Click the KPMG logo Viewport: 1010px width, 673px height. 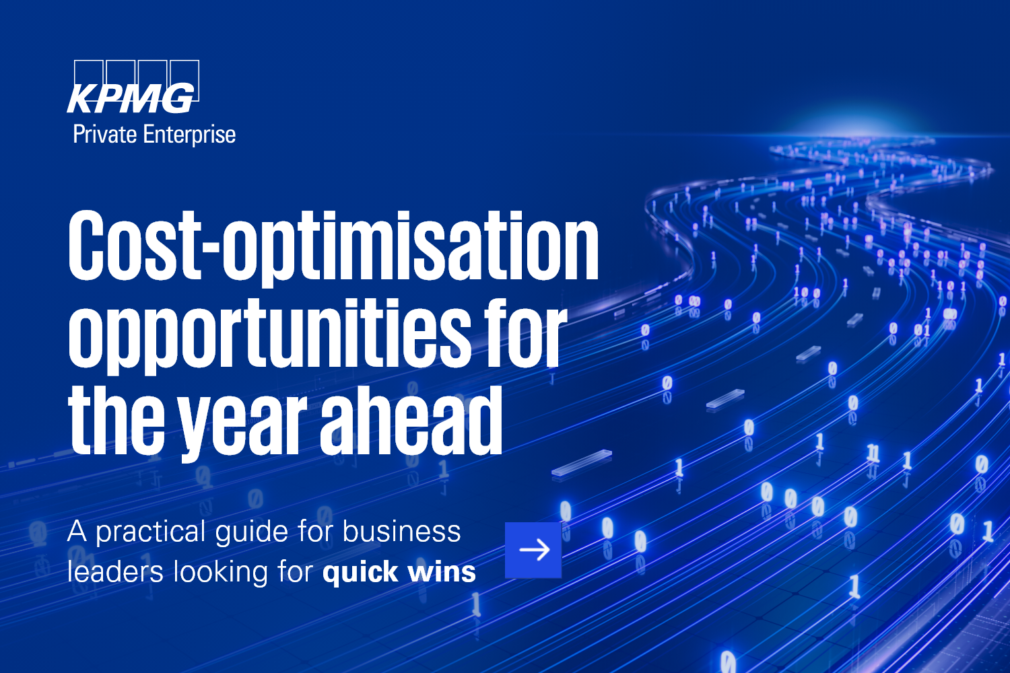point(133,87)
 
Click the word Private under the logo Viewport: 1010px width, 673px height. point(104,135)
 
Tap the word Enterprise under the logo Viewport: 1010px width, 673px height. point(189,135)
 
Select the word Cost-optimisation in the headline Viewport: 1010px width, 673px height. point(333,248)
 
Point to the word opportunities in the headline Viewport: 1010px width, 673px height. point(267,334)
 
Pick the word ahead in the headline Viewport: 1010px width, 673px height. point(411,420)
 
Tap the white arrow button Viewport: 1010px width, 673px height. point(533,550)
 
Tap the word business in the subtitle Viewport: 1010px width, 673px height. point(402,531)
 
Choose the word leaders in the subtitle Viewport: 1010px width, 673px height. point(115,571)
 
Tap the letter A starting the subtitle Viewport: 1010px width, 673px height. point(77,532)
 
